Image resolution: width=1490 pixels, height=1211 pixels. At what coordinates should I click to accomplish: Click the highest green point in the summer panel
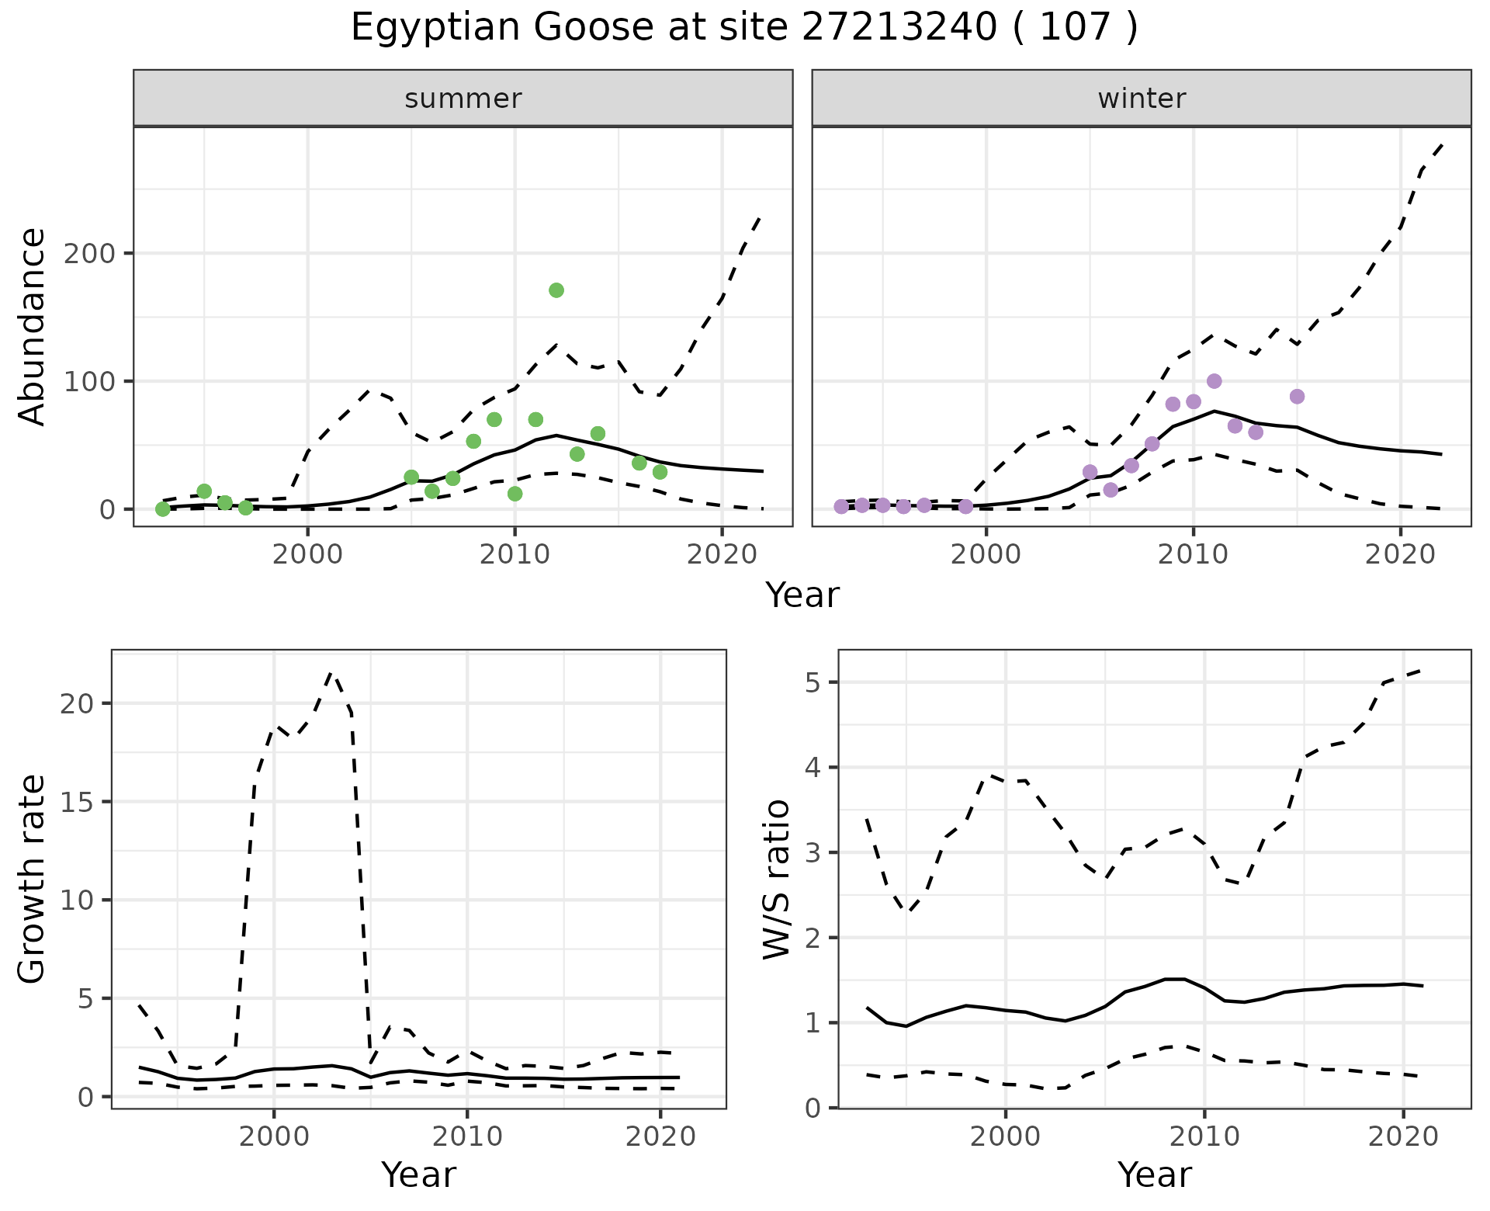(x=556, y=290)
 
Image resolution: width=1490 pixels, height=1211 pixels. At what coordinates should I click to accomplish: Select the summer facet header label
(x=463, y=99)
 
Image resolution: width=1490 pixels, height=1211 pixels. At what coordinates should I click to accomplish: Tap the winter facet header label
(x=1142, y=99)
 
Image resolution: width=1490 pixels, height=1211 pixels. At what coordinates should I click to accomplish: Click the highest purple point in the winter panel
(x=1215, y=381)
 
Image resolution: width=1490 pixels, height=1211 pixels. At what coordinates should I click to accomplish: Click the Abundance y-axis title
(x=33, y=327)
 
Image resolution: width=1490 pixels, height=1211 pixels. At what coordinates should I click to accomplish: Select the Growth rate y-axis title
(x=33, y=880)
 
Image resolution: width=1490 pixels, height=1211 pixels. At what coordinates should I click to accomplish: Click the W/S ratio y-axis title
(x=777, y=880)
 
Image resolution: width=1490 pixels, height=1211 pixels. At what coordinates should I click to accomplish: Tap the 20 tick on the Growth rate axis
(x=79, y=704)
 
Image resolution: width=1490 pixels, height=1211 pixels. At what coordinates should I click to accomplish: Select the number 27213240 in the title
(x=899, y=28)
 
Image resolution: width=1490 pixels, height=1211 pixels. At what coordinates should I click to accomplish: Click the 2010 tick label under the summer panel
(x=515, y=556)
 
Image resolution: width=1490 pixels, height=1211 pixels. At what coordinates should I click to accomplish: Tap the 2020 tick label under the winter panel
(x=1401, y=556)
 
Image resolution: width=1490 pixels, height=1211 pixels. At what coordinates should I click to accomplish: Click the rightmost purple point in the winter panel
(x=1297, y=397)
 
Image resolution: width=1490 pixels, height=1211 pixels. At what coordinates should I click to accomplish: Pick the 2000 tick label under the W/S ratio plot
(x=1006, y=1137)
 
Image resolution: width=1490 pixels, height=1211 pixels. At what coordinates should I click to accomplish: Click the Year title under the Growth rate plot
(x=418, y=1175)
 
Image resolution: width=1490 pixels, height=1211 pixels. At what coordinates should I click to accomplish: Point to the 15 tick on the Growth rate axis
(x=79, y=803)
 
